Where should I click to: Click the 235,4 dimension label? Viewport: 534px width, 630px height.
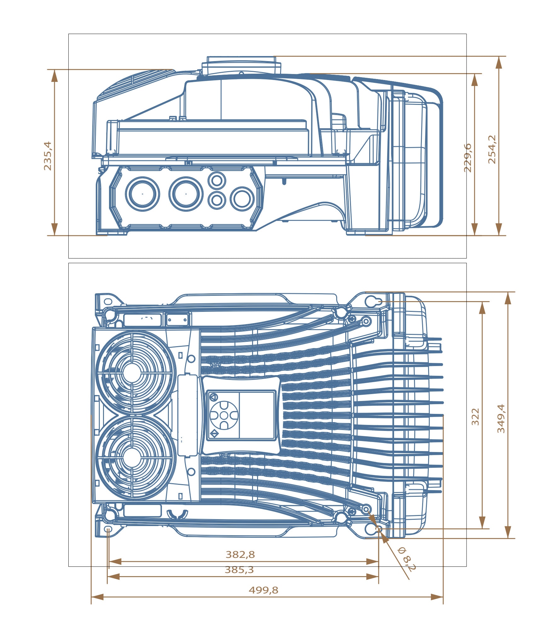coord(48,156)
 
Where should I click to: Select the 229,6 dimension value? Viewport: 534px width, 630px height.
coord(468,158)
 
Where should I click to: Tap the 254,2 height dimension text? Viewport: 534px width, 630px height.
coord(492,150)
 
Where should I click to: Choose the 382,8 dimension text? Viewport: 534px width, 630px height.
coord(240,554)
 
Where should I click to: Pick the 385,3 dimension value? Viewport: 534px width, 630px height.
coord(239,570)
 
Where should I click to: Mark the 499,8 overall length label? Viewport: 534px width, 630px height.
coord(263,590)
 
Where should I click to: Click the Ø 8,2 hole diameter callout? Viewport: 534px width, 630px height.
coord(407,559)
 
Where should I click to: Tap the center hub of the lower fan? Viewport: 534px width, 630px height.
coord(132,458)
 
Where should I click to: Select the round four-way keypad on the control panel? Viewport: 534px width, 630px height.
coord(224,415)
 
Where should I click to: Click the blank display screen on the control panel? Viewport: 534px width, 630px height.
coord(256,415)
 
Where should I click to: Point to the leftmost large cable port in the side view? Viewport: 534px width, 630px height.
coord(142,194)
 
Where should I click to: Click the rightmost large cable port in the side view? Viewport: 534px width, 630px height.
coord(242,198)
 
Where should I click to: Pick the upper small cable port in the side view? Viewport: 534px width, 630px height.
coord(217,180)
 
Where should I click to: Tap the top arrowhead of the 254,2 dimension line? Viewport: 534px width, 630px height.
coord(498,62)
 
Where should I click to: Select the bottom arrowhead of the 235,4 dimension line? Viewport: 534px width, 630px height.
coord(55,229)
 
